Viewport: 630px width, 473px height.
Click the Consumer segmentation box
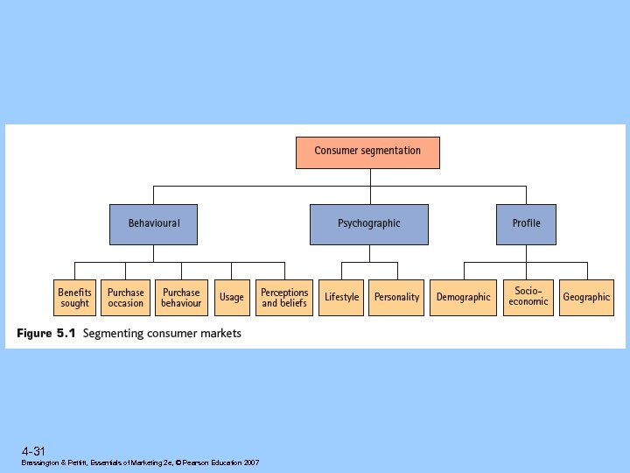coord(367,152)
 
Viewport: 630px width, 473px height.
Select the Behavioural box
coord(153,224)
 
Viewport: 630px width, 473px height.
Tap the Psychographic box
coord(369,224)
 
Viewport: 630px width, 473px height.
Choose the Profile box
coord(526,224)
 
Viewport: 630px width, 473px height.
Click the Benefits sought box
coord(75,298)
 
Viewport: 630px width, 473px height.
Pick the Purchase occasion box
coord(126,298)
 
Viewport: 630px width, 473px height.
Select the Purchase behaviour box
coord(181,298)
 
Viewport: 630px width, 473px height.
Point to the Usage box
coord(232,298)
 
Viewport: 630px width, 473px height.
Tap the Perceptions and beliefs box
coord(284,298)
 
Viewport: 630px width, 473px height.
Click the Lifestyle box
coord(341,298)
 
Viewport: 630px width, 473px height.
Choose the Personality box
coord(396,298)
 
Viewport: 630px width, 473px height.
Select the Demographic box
coord(464,298)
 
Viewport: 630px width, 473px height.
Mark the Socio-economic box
coord(528,298)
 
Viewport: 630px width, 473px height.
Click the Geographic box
coord(586,298)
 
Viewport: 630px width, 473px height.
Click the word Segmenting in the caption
coord(111,334)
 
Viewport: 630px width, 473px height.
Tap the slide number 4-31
coord(34,451)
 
